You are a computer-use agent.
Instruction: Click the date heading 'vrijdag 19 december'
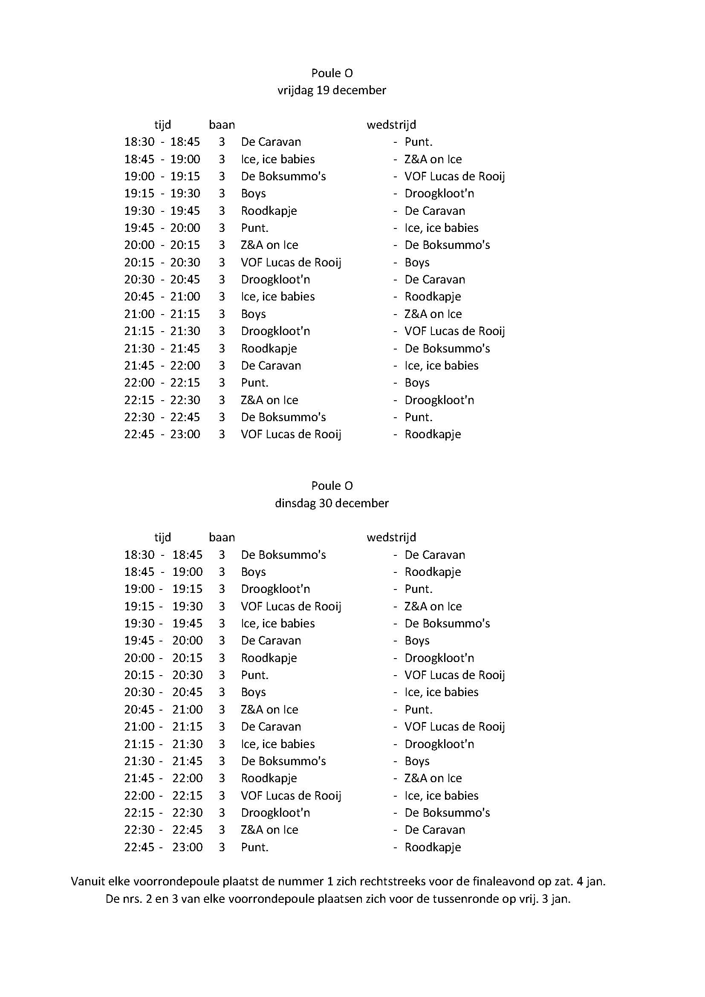pos(332,90)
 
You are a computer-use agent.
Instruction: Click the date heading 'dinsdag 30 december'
pos(332,503)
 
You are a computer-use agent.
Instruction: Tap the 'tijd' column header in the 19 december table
pos(163,125)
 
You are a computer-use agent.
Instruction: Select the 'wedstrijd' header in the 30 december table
pos(391,538)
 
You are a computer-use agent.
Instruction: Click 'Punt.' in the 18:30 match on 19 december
pos(419,142)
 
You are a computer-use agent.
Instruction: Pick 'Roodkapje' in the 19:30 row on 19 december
pos(269,211)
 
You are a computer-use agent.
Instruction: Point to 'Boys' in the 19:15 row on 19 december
pos(254,194)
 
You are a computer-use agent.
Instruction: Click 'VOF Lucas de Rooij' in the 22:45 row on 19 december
pos(291,434)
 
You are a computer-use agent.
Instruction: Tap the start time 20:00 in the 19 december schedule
pos(139,245)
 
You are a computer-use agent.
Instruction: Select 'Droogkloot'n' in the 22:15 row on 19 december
pos(439,400)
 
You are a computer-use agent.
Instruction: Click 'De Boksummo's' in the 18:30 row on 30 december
pos(283,555)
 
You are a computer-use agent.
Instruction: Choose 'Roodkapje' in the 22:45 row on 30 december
pos(432,847)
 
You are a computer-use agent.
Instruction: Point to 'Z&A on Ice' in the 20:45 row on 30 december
pos(269,710)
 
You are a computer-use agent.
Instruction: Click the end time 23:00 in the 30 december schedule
pos(188,847)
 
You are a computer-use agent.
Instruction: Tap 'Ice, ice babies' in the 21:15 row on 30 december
pos(278,744)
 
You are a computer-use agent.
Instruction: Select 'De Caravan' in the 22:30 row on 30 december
pos(434,830)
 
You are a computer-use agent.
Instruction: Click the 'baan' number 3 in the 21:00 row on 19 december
pos(222,314)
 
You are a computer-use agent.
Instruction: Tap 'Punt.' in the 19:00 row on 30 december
pos(419,589)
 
